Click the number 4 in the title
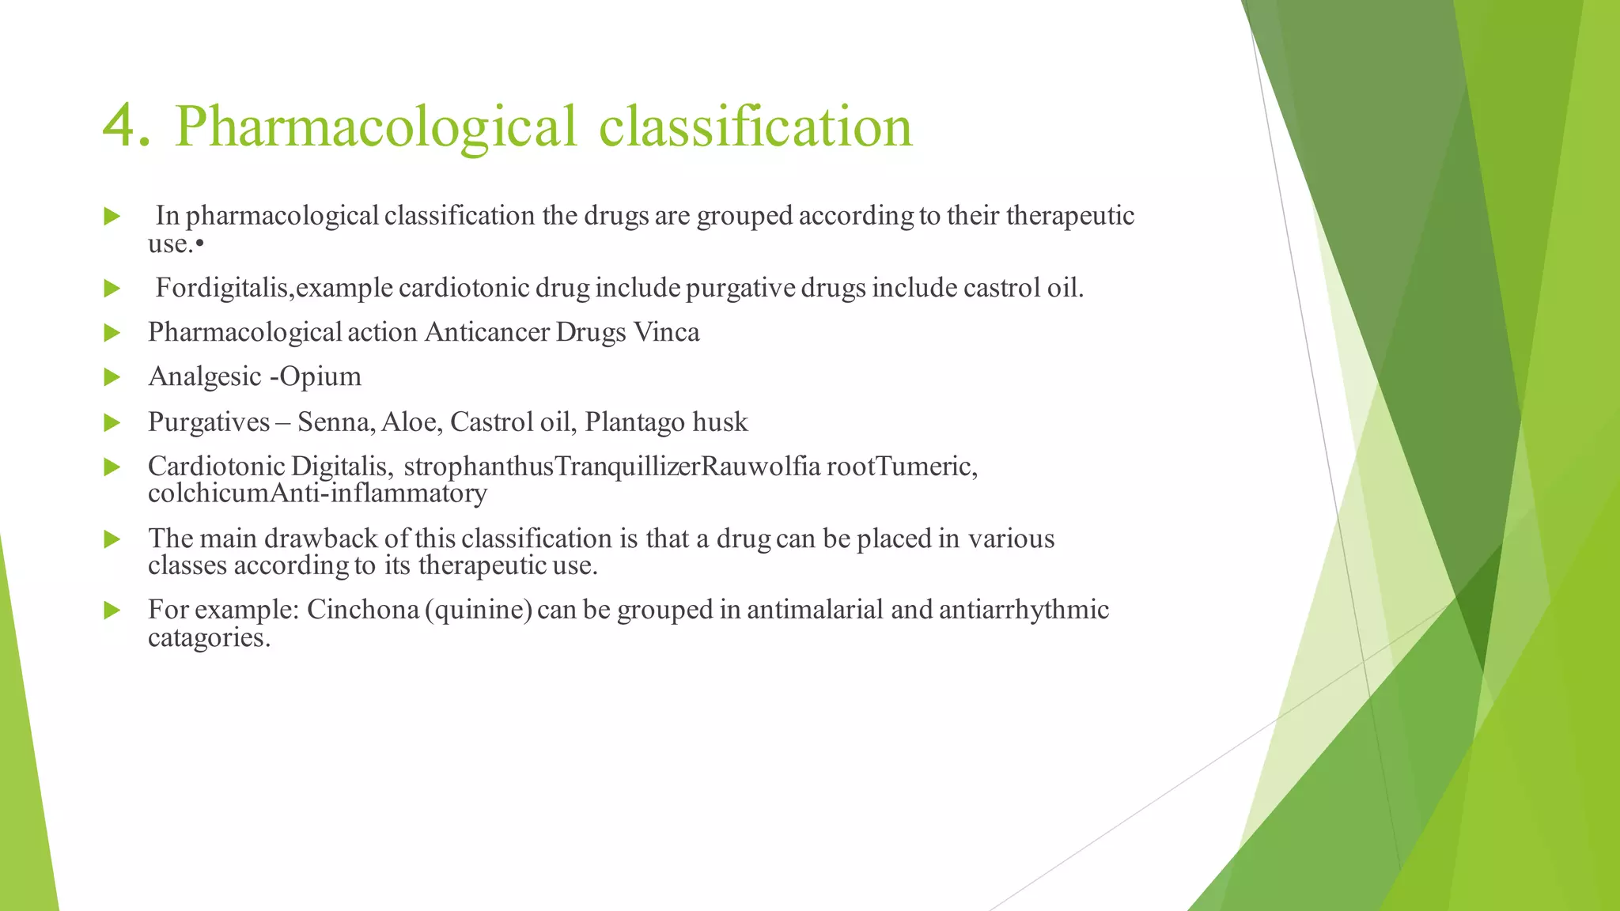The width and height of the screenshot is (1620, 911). click(x=126, y=126)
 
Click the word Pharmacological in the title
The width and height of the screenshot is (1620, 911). click(x=376, y=127)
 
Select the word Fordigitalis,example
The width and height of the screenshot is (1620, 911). click(x=274, y=288)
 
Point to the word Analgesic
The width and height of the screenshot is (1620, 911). click(x=205, y=377)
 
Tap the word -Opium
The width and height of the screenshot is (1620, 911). click(x=316, y=377)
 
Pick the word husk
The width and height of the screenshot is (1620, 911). click(x=720, y=422)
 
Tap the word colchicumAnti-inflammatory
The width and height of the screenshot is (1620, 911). click(x=317, y=493)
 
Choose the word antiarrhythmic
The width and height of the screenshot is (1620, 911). click(x=1024, y=610)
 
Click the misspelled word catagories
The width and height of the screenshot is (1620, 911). click(x=209, y=637)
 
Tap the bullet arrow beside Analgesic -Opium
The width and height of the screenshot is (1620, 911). click(x=112, y=377)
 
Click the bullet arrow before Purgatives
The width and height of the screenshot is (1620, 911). click(x=112, y=423)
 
